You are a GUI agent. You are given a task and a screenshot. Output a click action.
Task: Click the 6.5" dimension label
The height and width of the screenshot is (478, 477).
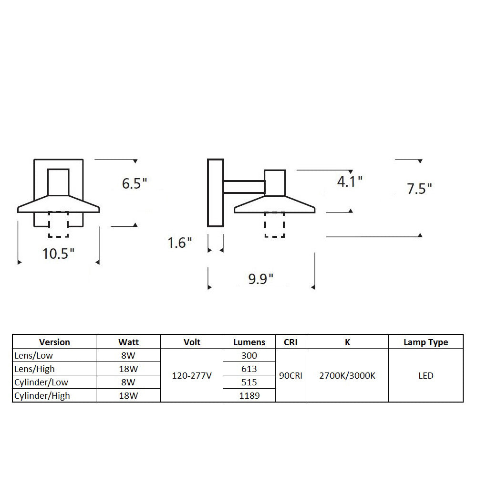tap(135, 183)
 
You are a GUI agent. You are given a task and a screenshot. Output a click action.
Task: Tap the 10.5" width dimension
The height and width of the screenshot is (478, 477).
tap(58, 254)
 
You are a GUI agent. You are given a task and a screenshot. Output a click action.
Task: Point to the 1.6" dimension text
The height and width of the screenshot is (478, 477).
tap(180, 243)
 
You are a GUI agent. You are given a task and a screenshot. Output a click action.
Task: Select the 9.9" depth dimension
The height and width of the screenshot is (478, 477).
tap(261, 278)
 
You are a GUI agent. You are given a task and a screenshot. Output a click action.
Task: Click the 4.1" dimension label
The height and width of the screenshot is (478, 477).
tap(350, 181)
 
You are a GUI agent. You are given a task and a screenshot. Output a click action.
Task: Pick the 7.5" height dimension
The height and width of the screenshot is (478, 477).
tap(419, 189)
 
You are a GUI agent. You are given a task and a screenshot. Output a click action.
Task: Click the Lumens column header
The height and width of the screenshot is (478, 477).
tap(249, 342)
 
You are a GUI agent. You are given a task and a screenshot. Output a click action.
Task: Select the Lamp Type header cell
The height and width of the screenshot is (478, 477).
tap(426, 342)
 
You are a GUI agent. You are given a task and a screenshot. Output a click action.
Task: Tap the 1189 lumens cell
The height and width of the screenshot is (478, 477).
tap(249, 395)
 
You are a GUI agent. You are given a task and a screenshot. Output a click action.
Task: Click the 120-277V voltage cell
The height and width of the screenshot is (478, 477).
tap(192, 375)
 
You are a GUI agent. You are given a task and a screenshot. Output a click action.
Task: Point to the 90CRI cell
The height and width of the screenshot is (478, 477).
tap(290, 375)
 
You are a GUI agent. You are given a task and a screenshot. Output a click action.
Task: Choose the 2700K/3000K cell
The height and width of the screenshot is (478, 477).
tap(347, 375)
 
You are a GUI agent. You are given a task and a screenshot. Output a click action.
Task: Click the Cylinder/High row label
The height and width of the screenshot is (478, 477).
tap(42, 396)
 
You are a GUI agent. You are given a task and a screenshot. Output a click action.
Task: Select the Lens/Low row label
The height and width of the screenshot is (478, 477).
tap(33, 355)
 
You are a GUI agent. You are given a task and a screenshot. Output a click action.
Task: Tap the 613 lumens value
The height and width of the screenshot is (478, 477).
tap(249, 369)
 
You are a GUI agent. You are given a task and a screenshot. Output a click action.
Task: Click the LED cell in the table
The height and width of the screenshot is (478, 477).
tap(426, 375)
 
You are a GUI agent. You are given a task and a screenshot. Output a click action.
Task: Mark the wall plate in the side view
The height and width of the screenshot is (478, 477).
tap(216, 193)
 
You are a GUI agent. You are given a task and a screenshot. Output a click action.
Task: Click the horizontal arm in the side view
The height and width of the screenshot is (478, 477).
tap(244, 187)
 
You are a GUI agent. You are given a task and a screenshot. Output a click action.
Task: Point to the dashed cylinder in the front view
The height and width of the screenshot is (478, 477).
tap(59, 224)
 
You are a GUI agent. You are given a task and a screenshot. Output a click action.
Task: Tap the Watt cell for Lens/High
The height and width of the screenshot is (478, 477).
tap(128, 369)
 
